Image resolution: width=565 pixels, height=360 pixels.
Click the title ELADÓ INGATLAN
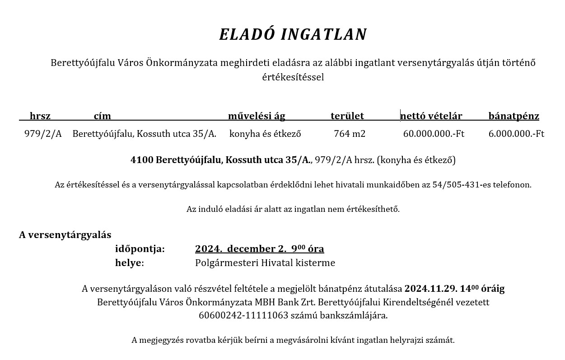293,35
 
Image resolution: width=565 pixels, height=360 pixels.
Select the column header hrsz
40,116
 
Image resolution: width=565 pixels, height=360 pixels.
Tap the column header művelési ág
257,116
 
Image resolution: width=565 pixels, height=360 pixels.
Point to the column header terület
347,116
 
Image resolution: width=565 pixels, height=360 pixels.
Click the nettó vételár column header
431,116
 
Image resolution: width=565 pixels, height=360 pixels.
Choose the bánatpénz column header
514,116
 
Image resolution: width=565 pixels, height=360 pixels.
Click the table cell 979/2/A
43,134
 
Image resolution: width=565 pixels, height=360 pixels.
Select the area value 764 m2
350,134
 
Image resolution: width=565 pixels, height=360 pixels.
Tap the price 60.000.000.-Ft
434,134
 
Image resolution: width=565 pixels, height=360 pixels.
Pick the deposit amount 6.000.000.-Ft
516,134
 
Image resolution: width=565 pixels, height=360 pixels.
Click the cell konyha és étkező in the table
265,134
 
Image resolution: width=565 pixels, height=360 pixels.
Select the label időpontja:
140,249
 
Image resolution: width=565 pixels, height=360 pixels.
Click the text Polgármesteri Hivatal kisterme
265,263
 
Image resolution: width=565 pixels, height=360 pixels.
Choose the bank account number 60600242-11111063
243,315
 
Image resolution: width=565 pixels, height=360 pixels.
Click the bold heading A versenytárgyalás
65,235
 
